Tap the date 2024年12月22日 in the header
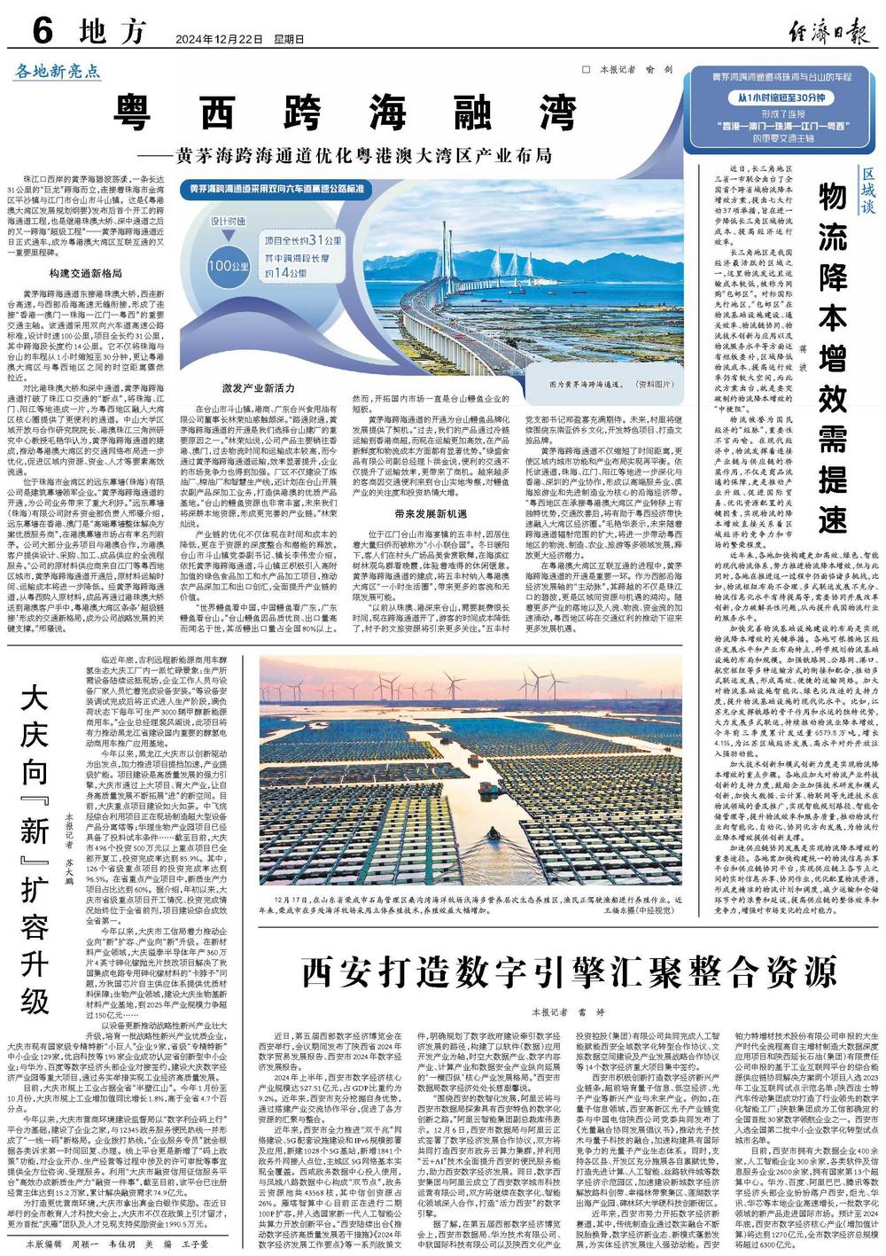pos(208,39)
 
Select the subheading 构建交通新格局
pos(85,273)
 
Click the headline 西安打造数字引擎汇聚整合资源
pos(569,971)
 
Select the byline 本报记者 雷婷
pos(567,1011)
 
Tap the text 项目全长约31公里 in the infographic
pos(302,240)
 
